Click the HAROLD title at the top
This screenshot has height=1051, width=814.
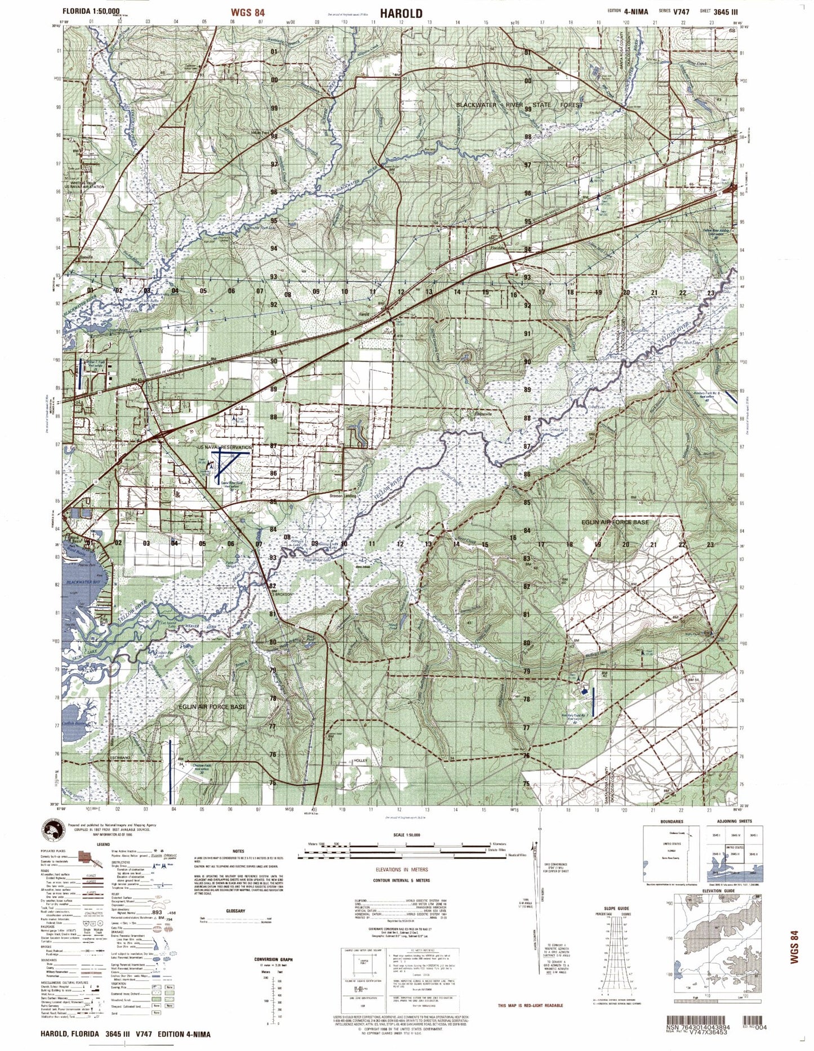[401, 13]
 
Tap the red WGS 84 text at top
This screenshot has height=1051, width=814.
[247, 12]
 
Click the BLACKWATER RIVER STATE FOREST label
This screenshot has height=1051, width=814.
[519, 105]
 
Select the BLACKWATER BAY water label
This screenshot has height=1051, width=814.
[84, 582]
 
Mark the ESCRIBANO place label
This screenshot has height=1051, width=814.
[120, 758]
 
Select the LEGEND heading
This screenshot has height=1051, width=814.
[103, 844]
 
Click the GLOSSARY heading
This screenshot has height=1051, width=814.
[235, 910]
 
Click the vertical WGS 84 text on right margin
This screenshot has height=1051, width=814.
[794, 947]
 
